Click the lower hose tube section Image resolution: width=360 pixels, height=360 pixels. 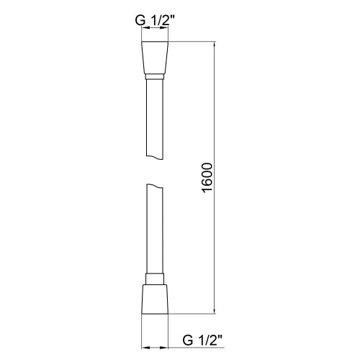point(156,230)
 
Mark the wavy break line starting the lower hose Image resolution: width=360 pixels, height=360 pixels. point(156,185)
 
